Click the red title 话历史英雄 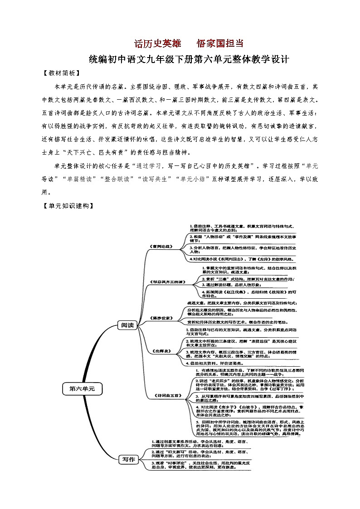point(158,44)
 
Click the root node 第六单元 point(82,388)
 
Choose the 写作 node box point(126,459)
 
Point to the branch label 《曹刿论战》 point(161,247)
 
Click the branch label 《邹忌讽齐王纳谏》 point(167,281)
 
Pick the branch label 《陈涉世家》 point(161,318)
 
